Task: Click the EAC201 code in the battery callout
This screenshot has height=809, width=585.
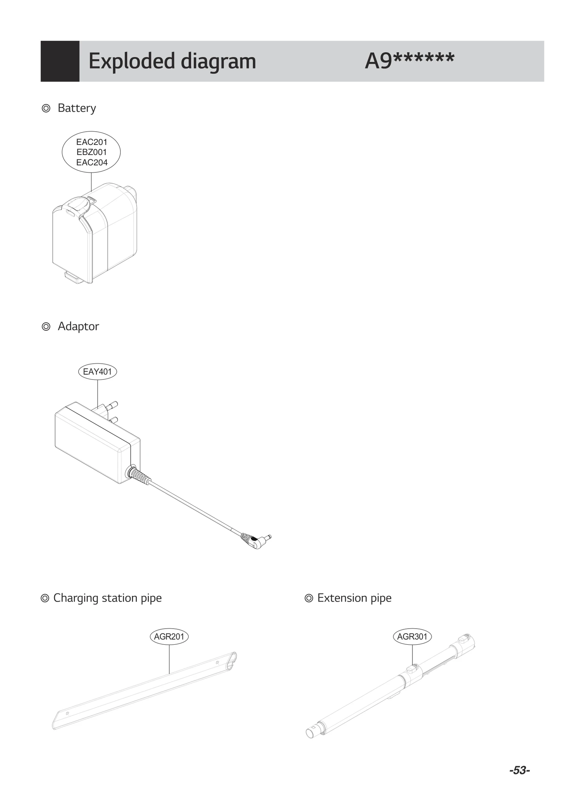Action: [91, 142]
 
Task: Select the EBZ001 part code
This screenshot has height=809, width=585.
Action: [91, 152]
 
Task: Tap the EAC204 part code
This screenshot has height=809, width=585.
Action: [91, 162]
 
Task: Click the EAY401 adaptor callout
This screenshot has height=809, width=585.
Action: [97, 372]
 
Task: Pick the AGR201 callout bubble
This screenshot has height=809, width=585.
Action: [169, 636]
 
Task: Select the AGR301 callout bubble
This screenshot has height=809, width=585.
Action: [412, 636]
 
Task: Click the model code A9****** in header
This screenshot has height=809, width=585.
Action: [409, 61]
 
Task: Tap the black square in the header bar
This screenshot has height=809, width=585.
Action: [60, 61]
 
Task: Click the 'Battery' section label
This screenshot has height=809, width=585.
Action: [77, 108]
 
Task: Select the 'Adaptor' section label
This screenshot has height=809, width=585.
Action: [78, 326]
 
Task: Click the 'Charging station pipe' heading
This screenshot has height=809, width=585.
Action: [107, 598]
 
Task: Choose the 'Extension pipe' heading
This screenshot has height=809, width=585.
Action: [354, 598]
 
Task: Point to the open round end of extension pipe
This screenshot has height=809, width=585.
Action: [310, 733]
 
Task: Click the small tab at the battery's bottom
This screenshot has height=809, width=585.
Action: [74, 277]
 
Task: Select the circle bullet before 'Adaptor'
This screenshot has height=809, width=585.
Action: [46, 327]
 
